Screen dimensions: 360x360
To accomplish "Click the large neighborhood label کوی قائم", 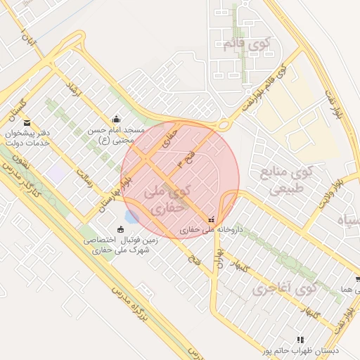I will click(x=246, y=44).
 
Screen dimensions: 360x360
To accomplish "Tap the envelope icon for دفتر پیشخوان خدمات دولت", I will click(x=27, y=123).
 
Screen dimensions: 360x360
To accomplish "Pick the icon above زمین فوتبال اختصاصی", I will click(x=120, y=229).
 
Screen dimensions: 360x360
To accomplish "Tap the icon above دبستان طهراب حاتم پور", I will click(x=301, y=339).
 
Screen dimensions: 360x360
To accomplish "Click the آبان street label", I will click(x=27, y=35).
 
